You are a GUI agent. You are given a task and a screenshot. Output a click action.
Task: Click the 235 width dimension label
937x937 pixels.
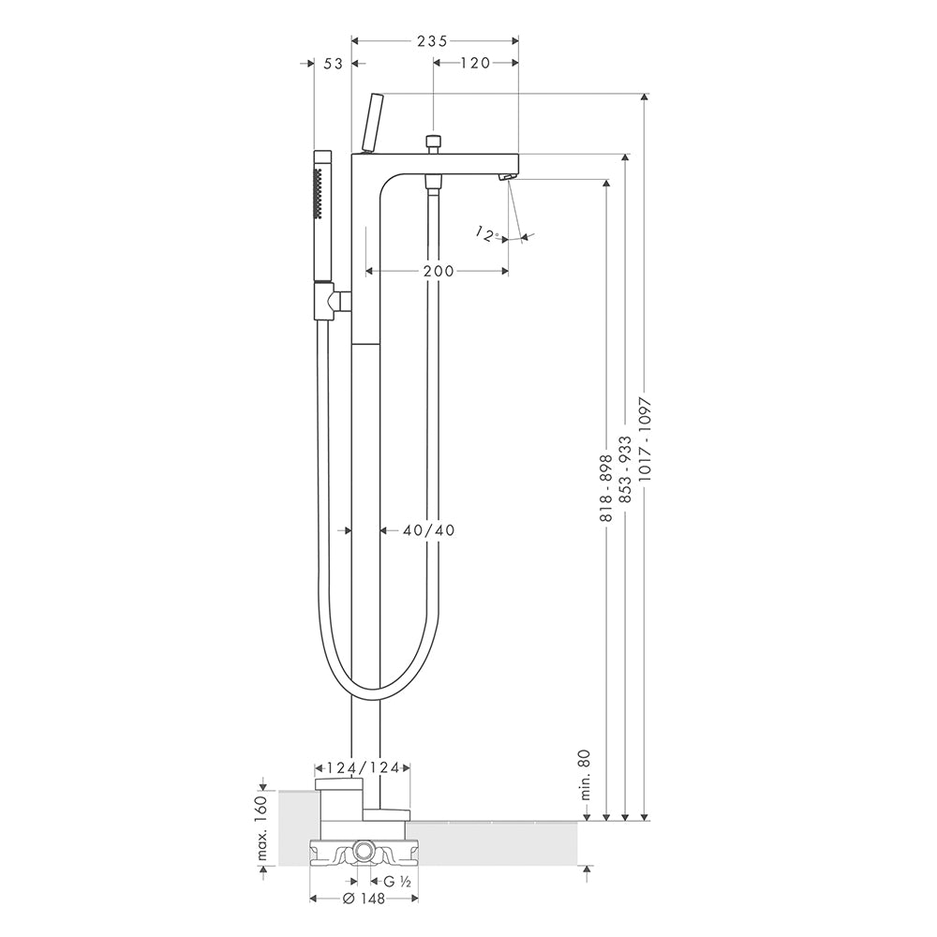[x=432, y=40]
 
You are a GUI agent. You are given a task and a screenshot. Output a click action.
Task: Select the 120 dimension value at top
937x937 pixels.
[x=476, y=62]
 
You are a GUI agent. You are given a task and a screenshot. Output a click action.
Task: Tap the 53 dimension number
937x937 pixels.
[x=333, y=63]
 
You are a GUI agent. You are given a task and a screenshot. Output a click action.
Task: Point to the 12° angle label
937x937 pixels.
[x=487, y=233]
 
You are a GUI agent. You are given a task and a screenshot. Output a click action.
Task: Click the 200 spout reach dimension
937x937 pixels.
[x=439, y=271]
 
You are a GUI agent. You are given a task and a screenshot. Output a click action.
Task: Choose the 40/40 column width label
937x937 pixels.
[x=428, y=529]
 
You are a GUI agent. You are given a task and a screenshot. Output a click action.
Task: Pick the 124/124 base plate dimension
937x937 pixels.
[x=362, y=767]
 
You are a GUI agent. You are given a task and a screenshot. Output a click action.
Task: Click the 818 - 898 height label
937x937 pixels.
[x=606, y=487]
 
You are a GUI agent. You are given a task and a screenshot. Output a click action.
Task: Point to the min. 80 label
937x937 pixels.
[x=584, y=775]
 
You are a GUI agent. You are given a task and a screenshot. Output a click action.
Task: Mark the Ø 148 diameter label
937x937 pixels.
[x=364, y=899]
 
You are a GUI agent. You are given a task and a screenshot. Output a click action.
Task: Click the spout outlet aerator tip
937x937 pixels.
[x=507, y=176]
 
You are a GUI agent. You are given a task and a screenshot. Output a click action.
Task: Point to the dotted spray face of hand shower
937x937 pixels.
[x=318, y=192]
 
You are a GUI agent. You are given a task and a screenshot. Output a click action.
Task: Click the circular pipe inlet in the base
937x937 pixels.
[x=364, y=851]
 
